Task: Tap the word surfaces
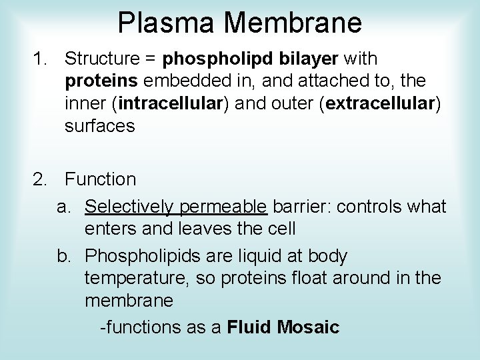coord(100,125)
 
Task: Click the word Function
coord(101,179)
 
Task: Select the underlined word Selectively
coord(125,207)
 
